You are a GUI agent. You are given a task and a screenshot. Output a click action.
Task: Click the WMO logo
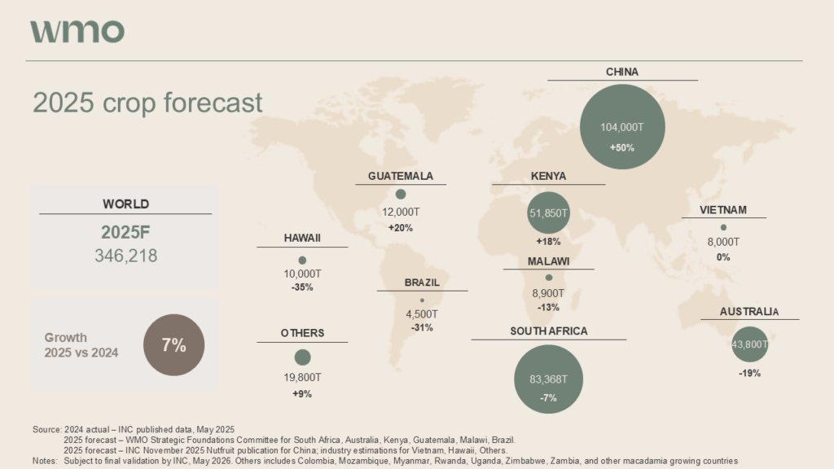(x=77, y=31)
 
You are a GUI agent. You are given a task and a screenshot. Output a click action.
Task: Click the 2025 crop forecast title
(x=147, y=103)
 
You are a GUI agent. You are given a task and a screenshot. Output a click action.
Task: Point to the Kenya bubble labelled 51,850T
(x=548, y=213)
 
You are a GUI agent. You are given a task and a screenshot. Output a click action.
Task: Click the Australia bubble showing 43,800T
(x=750, y=344)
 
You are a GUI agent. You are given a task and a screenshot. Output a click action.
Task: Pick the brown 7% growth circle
(x=173, y=345)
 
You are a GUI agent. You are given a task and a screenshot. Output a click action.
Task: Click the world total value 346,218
(x=125, y=256)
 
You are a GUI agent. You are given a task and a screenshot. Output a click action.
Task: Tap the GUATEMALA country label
(x=400, y=176)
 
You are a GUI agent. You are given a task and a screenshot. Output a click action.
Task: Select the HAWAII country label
(x=302, y=238)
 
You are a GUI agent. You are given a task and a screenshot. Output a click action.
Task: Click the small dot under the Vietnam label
(x=723, y=227)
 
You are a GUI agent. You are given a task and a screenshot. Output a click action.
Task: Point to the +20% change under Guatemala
(x=400, y=228)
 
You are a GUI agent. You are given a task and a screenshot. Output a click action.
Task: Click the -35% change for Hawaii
(x=301, y=287)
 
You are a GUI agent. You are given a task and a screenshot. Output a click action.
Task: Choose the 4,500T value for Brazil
(x=422, y=314)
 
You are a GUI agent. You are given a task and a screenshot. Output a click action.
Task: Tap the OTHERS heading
(x=302, y=333)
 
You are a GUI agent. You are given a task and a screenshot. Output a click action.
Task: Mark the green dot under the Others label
(x=302, y=357)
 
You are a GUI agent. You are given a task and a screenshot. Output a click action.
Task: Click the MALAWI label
(x=548, y=261)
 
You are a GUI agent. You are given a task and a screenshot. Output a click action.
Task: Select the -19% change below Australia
(x=750, y=373)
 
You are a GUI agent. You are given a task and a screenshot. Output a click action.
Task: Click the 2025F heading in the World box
(x=125, y=231)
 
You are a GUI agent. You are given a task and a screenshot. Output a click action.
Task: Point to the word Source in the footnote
(x=46, y=429)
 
